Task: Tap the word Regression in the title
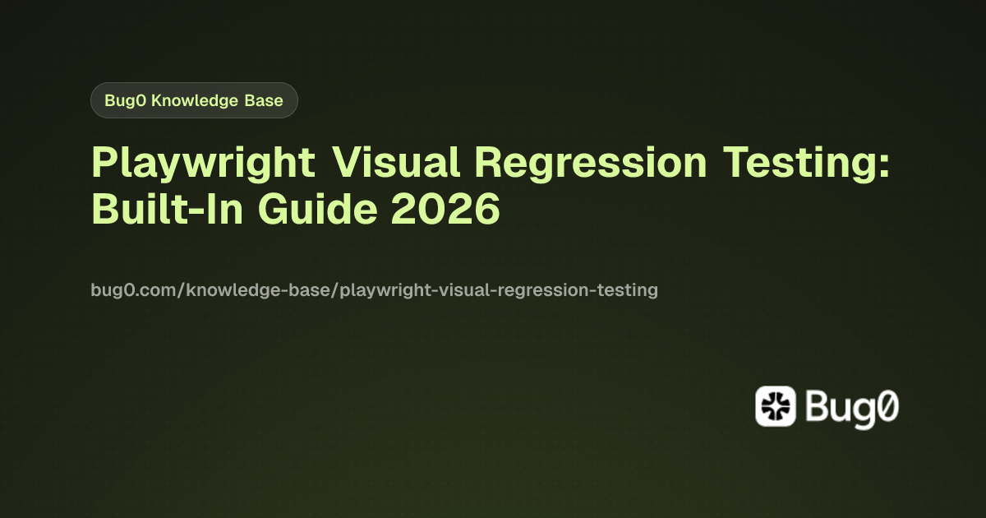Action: (590, 162)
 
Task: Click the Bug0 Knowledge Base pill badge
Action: (194, 101)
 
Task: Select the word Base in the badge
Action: (265, 101)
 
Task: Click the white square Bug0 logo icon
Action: (775, 406)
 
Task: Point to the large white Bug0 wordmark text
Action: (851, 407)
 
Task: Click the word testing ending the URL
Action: (630, 290)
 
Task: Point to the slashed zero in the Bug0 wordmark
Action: (884, 407)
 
